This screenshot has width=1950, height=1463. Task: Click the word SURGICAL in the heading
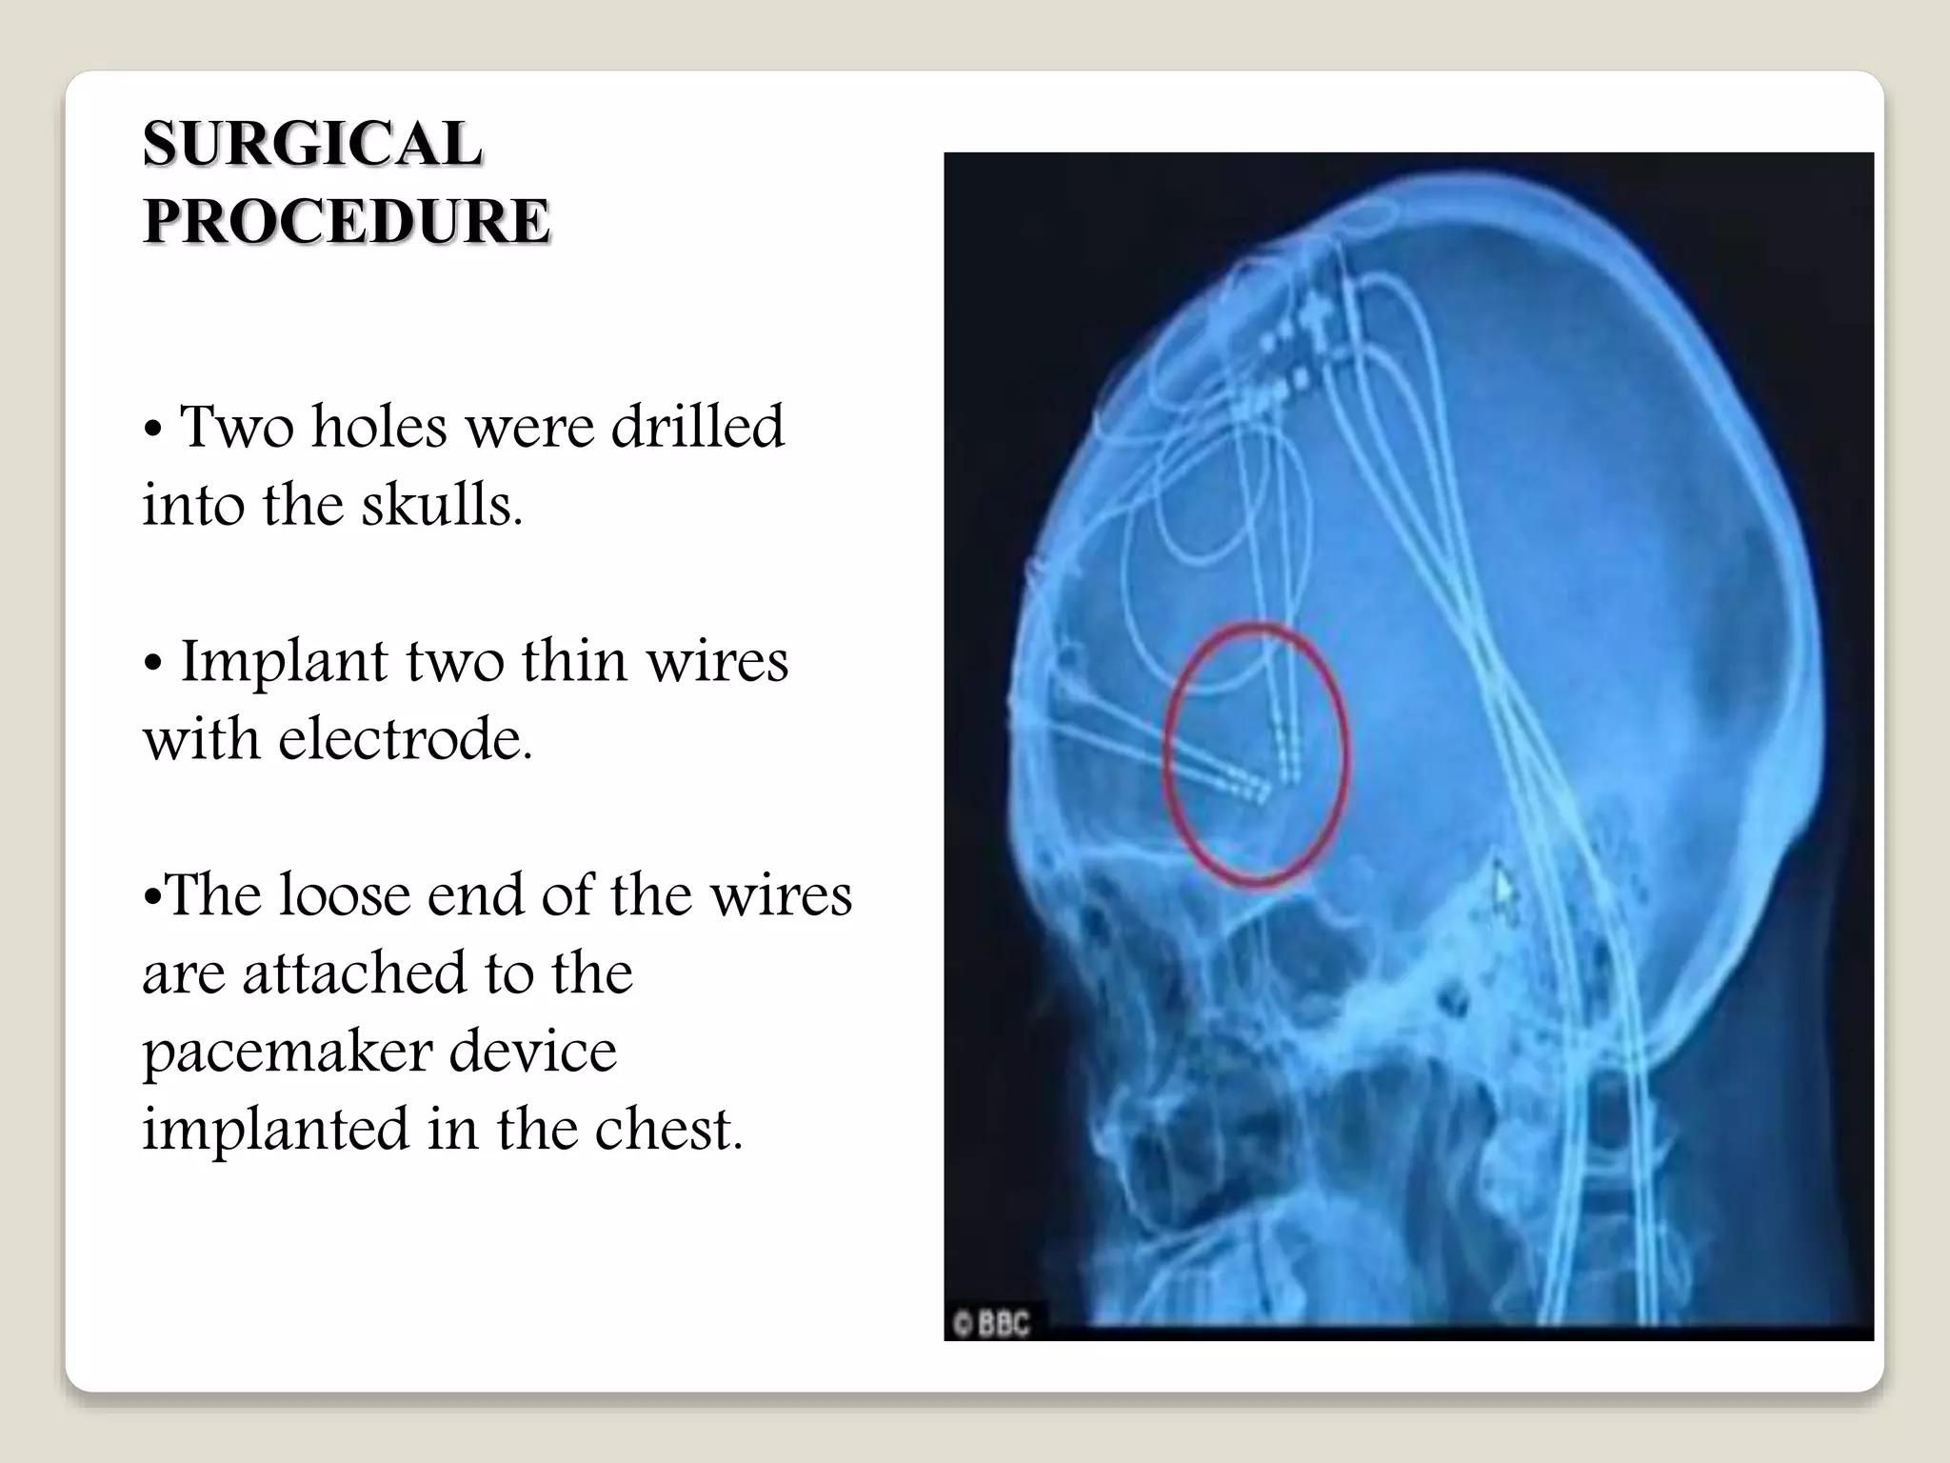(312, 145)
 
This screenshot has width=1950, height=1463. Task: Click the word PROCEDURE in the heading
(347, 222)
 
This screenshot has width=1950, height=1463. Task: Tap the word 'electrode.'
(405, 739)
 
